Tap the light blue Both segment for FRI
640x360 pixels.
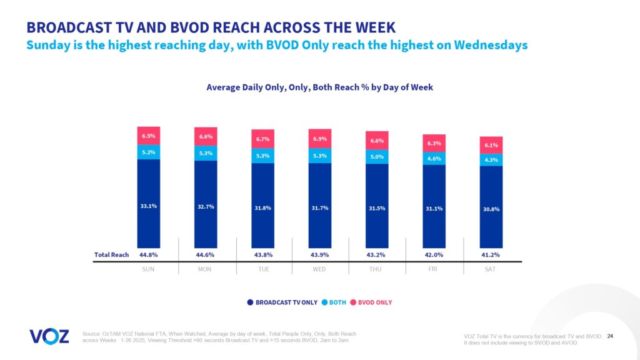[x=434, y=159]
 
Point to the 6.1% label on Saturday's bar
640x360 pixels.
[x=491, y=145]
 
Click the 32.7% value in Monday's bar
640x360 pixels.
[x=205, y=207]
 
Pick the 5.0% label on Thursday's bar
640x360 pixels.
[x=377, y=157]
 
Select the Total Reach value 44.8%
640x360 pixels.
[x=148, y=254]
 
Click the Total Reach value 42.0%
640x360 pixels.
[x=434, y=254]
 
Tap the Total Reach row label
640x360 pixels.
[x=111, y=254]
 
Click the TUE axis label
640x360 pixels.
[x=262, y=269]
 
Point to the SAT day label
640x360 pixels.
[x=491, y=269]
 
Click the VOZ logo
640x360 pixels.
[x=49, y=336]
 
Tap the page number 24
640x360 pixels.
[x=610, y=336]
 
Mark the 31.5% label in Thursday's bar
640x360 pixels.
[x=377, y=208]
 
